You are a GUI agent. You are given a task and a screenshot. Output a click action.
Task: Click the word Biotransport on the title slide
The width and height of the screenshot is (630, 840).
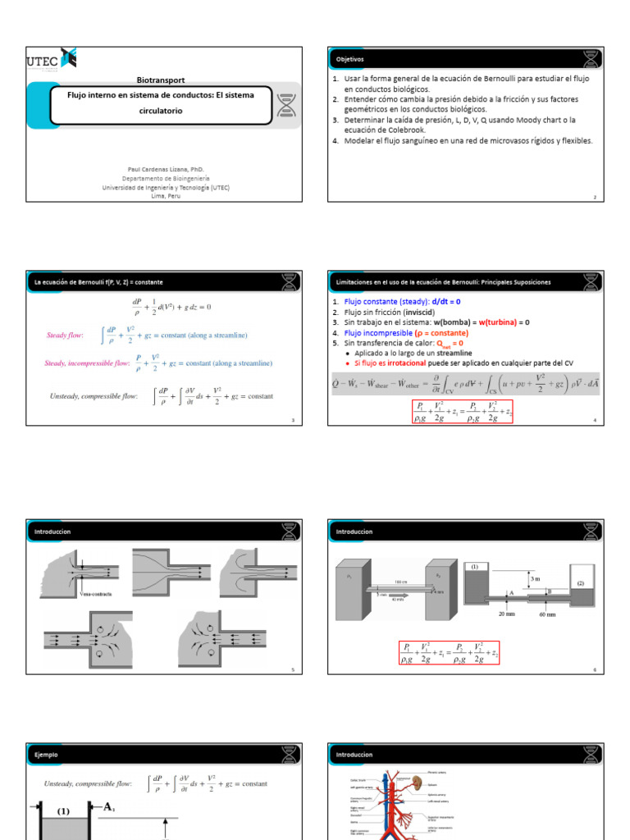161,80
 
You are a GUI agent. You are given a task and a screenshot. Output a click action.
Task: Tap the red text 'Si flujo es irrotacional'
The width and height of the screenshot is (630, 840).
396,363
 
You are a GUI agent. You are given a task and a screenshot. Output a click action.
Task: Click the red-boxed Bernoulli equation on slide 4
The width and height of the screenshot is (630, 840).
462,411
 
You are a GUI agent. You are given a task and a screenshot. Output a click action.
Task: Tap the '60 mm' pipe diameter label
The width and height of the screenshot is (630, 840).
546,613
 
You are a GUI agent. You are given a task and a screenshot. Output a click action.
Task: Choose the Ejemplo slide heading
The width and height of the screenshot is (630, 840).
46,755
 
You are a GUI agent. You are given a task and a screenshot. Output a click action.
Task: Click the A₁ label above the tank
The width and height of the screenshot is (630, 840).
107,807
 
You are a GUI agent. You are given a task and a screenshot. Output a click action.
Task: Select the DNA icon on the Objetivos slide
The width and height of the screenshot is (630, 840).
591,60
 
